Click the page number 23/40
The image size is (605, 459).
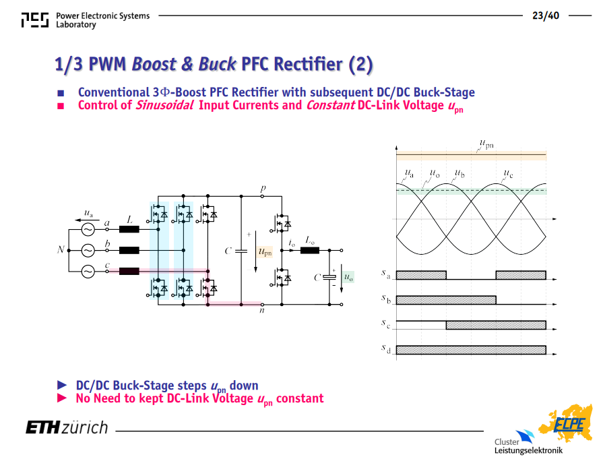546,16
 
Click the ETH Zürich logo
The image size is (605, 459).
67,428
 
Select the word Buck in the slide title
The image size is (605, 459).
217,64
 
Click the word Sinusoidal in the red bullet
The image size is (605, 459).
164,105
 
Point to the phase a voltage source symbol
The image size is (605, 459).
88,230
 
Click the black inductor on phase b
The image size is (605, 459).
129,251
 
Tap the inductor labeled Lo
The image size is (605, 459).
310,251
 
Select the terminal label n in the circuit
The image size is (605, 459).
262,310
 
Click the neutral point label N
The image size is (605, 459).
61,250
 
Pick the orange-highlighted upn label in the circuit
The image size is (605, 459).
265,252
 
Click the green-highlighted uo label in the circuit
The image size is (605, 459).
348,277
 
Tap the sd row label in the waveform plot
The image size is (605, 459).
386,348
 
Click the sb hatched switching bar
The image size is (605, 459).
446,300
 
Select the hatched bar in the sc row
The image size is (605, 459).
496,325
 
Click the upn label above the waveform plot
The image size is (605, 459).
486,144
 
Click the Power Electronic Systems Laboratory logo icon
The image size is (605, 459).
35,20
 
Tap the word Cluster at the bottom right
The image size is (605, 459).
507,441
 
